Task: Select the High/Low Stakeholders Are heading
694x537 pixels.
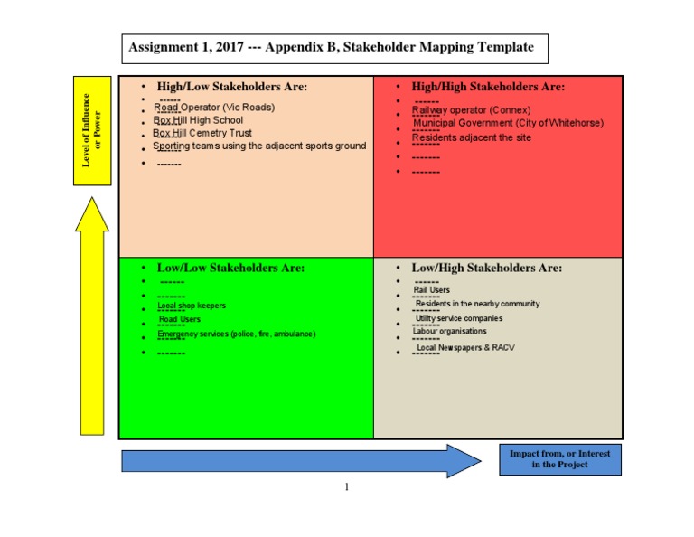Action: click(x=231, y=87)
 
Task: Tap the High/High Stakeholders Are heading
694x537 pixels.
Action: click(x=488, y=87)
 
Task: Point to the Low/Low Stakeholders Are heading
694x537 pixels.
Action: click(x=230, y=268)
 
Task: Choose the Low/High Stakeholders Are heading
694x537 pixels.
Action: click(x=486, y=268)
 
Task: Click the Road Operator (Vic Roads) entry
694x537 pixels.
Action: click(x=214, y=107)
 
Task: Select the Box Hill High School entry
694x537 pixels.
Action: click(x=198, y=120)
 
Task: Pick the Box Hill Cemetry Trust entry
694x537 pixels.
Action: click(x=202, y=133)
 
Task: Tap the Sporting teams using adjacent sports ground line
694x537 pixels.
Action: click(x=259, y=146)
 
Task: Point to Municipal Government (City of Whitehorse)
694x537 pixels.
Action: click(x=508, y=123)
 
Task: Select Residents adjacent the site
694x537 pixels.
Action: click(x=472, y=137)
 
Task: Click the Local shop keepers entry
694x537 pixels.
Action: click(x=192, y=306)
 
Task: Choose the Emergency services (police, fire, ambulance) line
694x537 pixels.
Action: click(x=237, y=334)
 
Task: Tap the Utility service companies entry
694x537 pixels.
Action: click(x=459, y=318)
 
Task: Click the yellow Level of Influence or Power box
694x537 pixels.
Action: click(x=92, y=131)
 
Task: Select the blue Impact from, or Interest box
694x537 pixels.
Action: click(x=559, y=459)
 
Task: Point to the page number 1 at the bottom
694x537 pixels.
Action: click(x=346, y=487)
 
